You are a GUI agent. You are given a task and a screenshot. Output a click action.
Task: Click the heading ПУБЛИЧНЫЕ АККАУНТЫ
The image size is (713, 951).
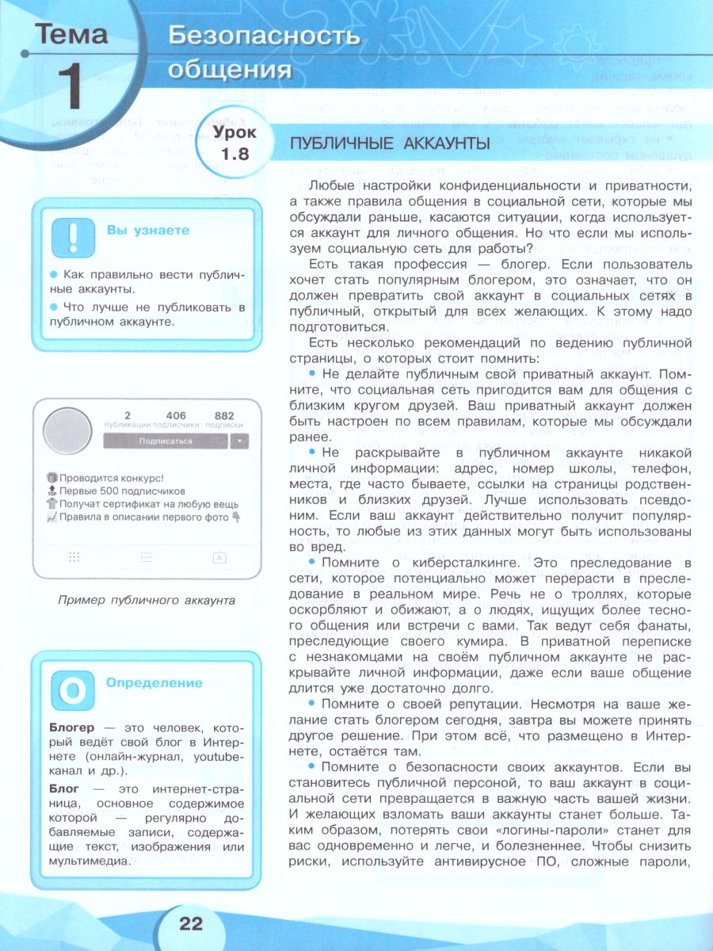tap(390, 143)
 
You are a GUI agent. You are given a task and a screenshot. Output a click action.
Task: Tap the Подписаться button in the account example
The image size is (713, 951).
tap(165, 441)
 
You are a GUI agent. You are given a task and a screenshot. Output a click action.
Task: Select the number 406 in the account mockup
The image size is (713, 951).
tap(176, 414)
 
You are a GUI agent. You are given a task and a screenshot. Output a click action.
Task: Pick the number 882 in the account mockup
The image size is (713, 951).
tap(224, 414)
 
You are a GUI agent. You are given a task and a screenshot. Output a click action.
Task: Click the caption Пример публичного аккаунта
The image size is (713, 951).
tap(147, 600)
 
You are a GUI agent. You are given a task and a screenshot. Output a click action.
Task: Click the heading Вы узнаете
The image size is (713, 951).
tap(148, 231)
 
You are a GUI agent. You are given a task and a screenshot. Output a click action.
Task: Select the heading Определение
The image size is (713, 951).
tap(154, 682)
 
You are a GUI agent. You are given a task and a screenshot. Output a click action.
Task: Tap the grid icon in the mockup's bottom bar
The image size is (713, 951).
tap(74, 557)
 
